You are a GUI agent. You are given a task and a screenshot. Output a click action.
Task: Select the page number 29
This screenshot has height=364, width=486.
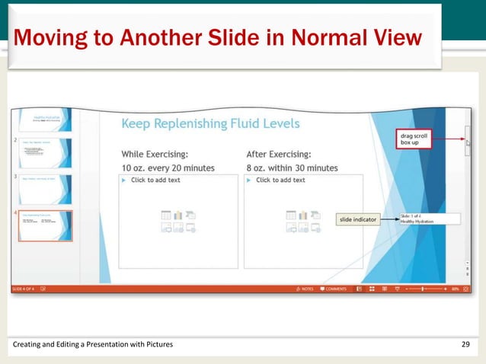[x=466, y=345]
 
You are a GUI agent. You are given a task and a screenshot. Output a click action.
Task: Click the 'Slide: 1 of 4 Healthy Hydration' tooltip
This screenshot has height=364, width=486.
[x=428, y=219]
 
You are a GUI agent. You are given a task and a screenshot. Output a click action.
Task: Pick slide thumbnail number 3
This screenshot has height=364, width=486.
[x=45, y=190]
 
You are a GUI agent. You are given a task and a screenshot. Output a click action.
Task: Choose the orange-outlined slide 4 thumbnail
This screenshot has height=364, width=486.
[x=45, y=225]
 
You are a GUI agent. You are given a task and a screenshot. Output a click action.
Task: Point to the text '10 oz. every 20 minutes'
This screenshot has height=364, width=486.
[x=168, y=168]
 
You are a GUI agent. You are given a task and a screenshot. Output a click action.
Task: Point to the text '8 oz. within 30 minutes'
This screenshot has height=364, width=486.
[x=292, y=168]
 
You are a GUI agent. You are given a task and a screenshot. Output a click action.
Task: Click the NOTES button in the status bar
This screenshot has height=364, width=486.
[x=305, y=289]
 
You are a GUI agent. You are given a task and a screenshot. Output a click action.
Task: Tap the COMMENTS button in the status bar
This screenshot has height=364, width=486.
[x=334, y=289]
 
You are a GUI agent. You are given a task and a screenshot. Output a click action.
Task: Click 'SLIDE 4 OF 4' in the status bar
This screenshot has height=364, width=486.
[x=25, y=289]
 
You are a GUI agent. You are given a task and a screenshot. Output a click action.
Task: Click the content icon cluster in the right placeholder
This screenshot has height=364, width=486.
[x=302, y=221]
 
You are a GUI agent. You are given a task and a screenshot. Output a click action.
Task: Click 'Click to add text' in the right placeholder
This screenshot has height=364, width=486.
[x=280, y=180]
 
